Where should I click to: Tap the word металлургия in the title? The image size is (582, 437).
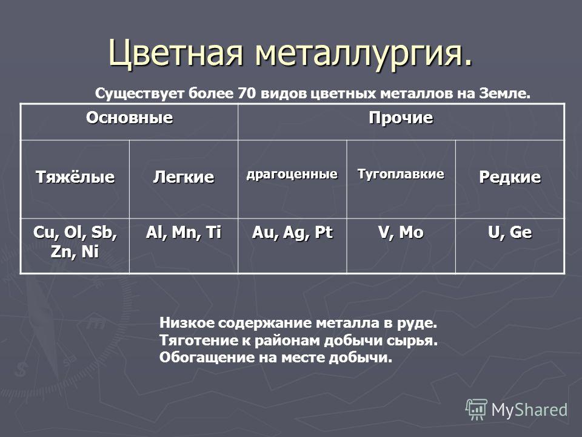[360, 53]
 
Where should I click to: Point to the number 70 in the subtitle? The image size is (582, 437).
[246, 93]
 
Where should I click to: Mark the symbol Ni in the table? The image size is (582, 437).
[90, 251]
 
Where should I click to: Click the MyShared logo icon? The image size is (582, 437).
[477, 409]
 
